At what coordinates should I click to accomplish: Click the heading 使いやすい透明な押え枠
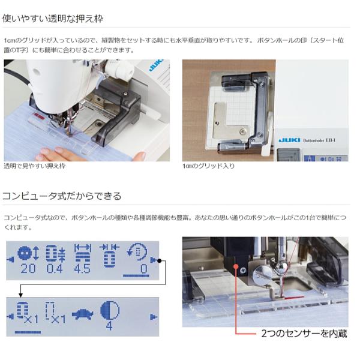tap(53, 19)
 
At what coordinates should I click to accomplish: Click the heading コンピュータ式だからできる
tap(62, 196)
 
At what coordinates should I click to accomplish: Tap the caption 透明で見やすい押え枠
tap(35, 166)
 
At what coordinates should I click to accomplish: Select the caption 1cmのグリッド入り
tap(208, 166)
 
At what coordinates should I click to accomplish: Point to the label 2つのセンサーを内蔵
tap(304, 334)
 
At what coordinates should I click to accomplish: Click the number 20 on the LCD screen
tap(28, 268)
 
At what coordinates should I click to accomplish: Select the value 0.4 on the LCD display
tap(55, 268)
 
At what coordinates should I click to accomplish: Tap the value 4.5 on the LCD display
tap(82, 268)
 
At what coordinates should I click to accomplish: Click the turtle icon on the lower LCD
tap(83, 314)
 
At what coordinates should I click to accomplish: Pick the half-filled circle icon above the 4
tap(110, 310)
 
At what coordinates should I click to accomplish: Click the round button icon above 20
tap(25, 253)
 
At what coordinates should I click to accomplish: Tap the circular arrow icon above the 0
tap(137, 252)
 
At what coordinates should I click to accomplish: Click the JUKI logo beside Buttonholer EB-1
tap(289, 140)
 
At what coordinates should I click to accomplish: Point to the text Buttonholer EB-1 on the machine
tap(319, 140)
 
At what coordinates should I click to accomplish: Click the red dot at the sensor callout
tap(236, 266)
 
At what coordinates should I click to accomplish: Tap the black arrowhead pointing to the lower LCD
tap(20, 295)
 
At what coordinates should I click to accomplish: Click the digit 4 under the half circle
tap(109, 326)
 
